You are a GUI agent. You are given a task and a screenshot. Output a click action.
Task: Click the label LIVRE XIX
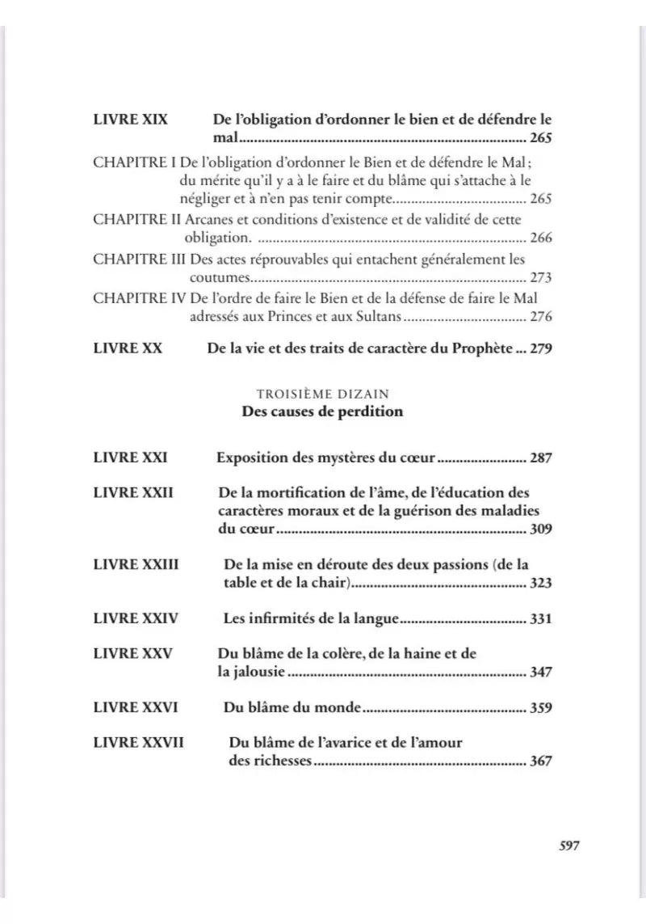coord(131,119)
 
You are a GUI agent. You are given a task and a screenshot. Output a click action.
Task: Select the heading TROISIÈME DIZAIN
coord(322,394)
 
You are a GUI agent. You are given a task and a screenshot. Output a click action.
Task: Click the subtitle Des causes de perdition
coord(322,411)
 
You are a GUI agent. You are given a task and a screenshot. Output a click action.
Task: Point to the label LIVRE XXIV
coord(136,619)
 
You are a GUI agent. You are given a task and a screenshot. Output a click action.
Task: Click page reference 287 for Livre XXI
coord(541,458)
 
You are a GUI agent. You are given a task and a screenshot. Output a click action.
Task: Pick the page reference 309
coord(541,530)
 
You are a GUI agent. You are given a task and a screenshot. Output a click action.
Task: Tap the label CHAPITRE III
coord(140,259)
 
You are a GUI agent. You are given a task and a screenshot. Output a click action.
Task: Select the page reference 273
coord(541,278)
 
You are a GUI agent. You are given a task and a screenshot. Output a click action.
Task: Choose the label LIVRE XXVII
coord(139,742)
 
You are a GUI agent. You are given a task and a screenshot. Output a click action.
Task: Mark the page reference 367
coord(541,761)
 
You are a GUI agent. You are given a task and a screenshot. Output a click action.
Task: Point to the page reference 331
coord(541,619)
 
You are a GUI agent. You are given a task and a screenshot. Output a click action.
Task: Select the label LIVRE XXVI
coord(136,707)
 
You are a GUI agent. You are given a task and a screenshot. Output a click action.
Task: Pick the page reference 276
coord(541,317)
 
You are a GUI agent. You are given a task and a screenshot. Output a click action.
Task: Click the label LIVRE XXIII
coord(136,564)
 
